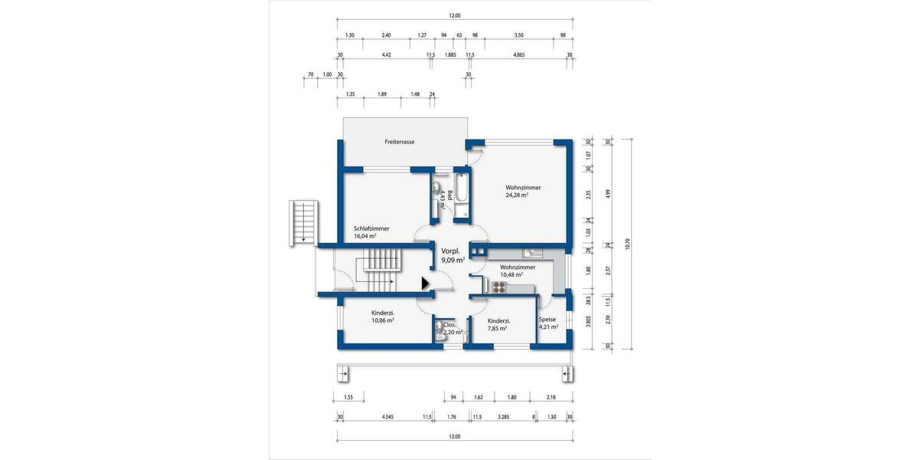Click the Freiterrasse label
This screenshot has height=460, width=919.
click(400, 142)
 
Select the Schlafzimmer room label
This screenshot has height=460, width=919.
click(371, 228)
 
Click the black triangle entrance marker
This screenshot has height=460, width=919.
click(424, 283)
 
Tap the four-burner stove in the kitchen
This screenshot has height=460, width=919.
click(499, 287)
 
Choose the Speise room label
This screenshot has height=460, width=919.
click(547, 319)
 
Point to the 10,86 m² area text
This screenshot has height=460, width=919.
click(382, 320)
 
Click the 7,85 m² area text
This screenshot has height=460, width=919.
click(499, 329)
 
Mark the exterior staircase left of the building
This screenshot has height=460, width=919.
click(303, 223)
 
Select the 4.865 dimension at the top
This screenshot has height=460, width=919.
click(518, 55)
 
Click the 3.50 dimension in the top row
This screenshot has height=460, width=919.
click(518, 35)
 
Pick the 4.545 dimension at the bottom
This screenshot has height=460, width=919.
click(387, 418)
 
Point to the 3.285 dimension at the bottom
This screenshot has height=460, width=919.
click(503, 418)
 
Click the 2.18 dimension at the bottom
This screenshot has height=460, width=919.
click(551, 398)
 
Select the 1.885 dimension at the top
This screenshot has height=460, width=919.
click(450, 55)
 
